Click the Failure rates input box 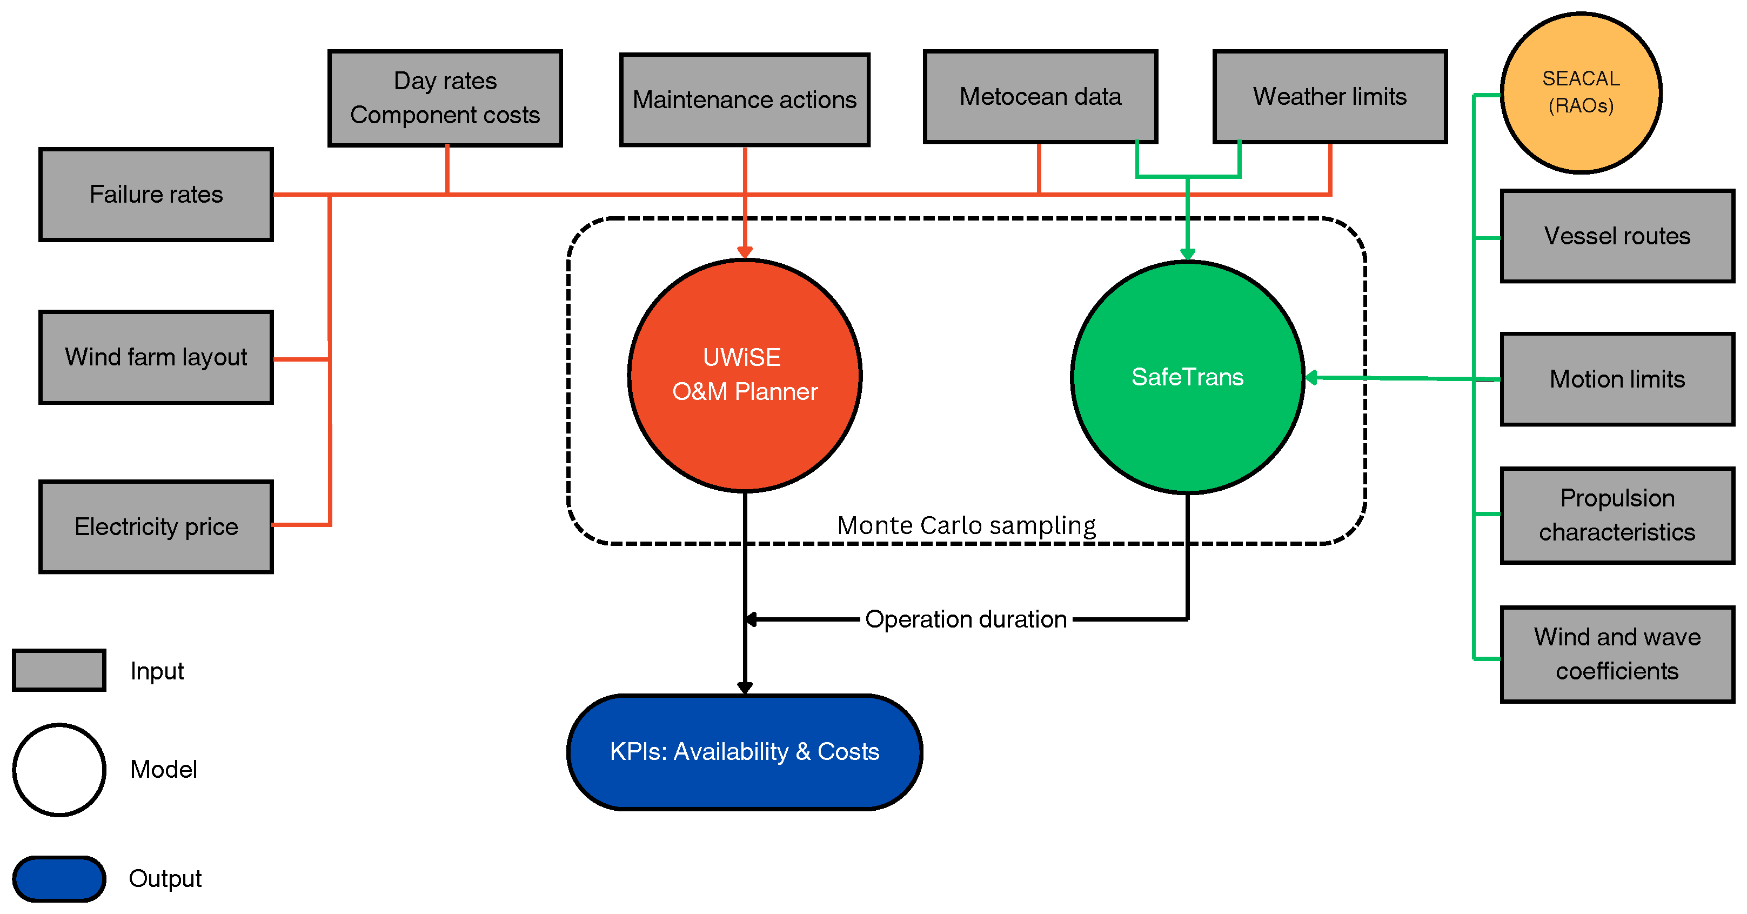coord(156,195)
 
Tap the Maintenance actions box coord(745,100)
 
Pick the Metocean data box coord(1040,96)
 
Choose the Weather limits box coord(1329,96)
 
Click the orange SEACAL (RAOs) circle coord(1581,92)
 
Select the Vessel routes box coord(1617,236)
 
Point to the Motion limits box coord(1617,379)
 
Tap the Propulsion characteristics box coord(1617,515)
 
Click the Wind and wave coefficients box coord(1617,654)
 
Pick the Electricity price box coord(156,527)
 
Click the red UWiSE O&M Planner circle coord(745,375)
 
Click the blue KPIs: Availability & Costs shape coord(745,752)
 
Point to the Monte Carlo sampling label coord(966,525)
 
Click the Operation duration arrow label coord(966,619)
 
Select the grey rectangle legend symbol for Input coord(59,670)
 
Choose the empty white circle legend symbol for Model coord(59,770)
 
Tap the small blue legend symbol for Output coord(59,879)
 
